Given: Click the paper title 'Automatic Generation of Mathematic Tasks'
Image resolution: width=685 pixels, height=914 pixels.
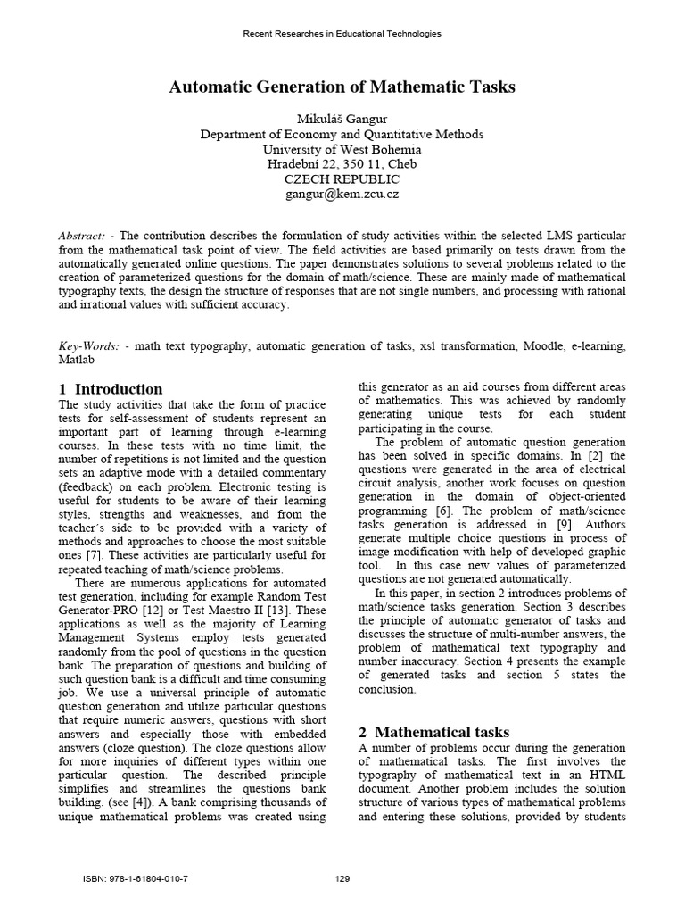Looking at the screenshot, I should pos(342,87).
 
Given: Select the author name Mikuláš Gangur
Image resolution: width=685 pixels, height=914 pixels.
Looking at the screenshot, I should pos(342,119).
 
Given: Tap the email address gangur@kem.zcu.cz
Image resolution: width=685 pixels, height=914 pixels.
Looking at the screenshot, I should pos(342,194).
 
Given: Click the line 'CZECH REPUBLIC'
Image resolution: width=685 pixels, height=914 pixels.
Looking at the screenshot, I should pos(342,179).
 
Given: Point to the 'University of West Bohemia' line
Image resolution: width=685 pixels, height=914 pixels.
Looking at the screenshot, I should pos(342,149).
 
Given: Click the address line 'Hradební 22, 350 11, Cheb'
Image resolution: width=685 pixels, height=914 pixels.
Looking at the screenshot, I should pos(342,164).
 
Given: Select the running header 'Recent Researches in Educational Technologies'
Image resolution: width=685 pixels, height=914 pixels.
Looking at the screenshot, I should pos(342,34).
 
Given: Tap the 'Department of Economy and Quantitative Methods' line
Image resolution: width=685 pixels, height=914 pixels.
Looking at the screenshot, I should pos(342,134).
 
